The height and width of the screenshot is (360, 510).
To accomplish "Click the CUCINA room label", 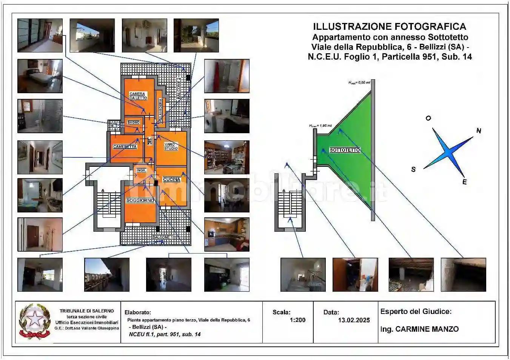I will pos(171,180).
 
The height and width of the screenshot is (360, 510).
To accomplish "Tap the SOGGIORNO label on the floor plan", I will pos(140,201).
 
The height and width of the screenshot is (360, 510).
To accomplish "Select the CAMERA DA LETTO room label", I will pos(137,96).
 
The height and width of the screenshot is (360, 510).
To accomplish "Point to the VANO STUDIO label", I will pos(171,146).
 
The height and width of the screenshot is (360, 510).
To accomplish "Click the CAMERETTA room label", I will pos(125,147).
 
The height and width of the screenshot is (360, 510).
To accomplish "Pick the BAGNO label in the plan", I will pos(134,123).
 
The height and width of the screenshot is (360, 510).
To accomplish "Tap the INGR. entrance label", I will pos(141,171).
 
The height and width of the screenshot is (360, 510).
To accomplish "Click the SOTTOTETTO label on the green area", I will pos(345,150).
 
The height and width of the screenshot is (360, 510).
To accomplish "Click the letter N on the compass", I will pos(479,131).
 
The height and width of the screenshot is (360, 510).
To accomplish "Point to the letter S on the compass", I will pos(413,169).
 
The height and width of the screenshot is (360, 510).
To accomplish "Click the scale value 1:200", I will pos(297,320).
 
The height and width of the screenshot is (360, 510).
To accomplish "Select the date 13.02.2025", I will pos(354,320).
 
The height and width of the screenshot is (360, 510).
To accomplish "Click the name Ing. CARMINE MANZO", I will pos(419,329).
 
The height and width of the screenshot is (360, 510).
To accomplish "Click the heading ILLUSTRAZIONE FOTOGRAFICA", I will pos(390,27).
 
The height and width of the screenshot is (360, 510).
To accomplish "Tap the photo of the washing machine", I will pos(226,116).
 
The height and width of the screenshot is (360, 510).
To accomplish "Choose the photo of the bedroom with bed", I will pos(40,76).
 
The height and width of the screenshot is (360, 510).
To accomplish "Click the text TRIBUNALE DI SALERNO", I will pos(86,311).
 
